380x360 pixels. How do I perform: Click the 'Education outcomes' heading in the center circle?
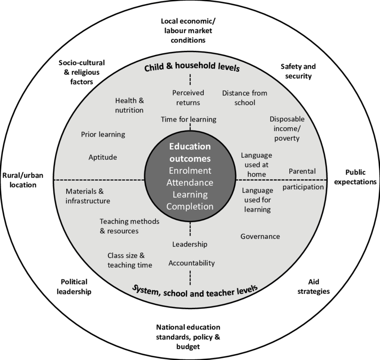(190, 152)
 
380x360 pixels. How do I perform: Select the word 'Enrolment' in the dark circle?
(190, 171)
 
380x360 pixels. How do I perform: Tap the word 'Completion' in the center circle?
(190, 206)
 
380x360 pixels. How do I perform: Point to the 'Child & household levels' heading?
(192, 68)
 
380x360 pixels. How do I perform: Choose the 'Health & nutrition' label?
(129, 105)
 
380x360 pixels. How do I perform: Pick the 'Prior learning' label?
(103, 134)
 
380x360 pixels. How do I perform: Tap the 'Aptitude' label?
(103, 157)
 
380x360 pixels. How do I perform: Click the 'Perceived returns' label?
(188, 97)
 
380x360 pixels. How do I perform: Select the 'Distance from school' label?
(245, 97)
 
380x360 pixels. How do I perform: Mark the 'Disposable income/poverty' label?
(287, 128)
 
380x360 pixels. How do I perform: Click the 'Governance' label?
(260, 236)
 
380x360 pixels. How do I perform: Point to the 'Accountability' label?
(191, 263)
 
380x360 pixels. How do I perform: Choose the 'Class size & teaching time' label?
(130, 260)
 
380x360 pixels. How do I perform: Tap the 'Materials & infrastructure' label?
(88, 196)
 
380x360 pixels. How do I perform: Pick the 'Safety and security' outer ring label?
(298, 71)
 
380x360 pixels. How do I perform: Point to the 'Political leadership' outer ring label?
(74, 286)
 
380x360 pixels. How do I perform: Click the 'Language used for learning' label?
(257, 200)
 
